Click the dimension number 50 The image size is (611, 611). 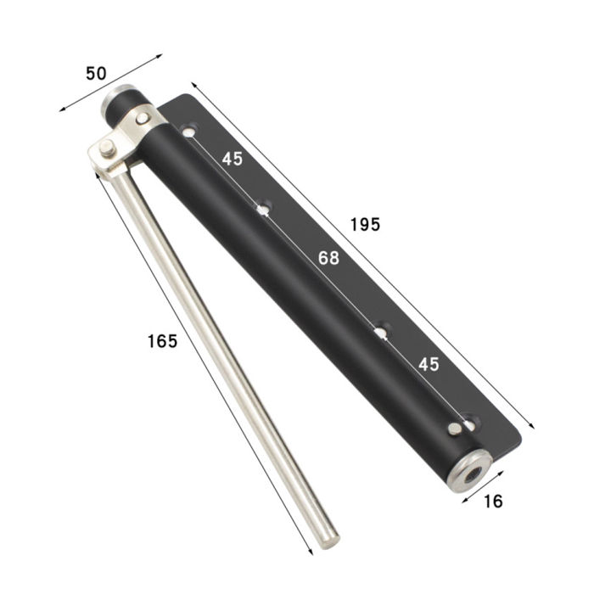point(96,73)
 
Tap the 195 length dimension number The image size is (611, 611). point(366,225)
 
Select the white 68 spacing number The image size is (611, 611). point(328,258)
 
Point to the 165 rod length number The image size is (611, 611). point(162,341)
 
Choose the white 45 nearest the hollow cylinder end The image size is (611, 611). point(429,364)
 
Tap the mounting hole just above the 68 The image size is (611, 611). point(265,207)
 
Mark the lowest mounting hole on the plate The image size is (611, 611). point(468,419)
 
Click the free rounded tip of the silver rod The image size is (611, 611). point(329,539)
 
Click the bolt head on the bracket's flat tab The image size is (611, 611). point(106,149)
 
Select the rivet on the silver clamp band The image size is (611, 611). point(143,118)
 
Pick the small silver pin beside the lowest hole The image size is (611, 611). point(456,429)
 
